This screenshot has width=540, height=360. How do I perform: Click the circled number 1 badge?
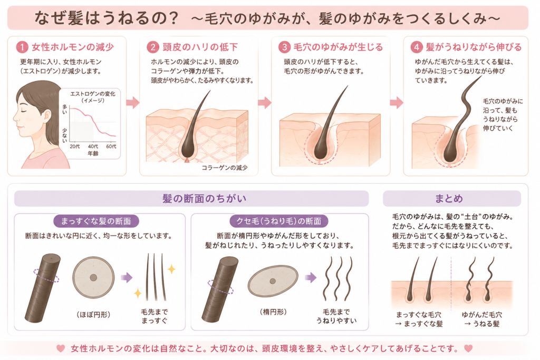(x=22, y=47)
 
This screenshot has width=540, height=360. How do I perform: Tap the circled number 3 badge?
(x=284, y=47)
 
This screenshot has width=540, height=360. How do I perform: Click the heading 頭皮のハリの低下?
(x=200, y=47)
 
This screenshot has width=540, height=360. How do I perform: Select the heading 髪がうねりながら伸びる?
(x=474, y=47)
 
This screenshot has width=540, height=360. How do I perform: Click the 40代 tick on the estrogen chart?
(x=93, y=147)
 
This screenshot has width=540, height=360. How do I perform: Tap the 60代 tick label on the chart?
(x=111, y=147)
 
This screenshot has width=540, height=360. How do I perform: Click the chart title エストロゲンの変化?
(x=93, y=94)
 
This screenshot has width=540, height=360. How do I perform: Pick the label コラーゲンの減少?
(x=225, y=168)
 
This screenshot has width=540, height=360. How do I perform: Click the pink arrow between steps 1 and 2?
(x=133, y=103)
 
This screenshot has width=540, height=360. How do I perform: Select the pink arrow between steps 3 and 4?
(x=397, y=103)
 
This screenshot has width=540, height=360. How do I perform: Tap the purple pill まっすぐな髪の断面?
(x=96, y=221)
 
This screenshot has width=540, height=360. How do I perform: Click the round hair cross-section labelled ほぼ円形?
(x=93, y=277)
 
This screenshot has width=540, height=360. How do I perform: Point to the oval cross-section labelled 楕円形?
(x=273, y=281)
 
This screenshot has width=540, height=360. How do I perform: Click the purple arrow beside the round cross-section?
(x=127, y=277)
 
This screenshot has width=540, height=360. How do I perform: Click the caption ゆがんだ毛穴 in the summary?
(x=481, y=315)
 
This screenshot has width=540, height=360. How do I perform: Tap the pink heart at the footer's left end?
(x=61, y=348)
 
